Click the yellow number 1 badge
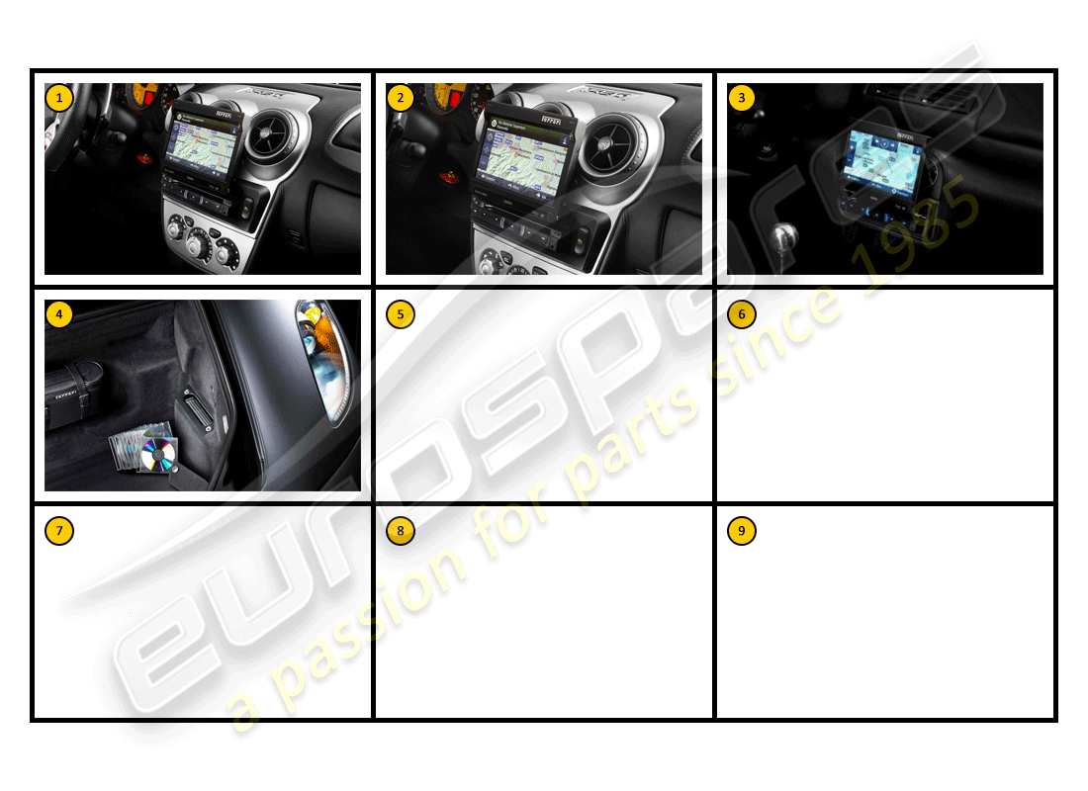click(59, 98)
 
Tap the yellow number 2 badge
click(401, 98)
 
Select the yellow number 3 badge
click(742, 98)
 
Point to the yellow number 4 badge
click(59, 314)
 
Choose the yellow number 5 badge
click(401, 314)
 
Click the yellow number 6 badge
click(742, 314)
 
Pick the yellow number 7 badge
click(59, 531)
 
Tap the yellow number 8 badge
click(401, 531)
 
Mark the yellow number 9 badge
click(742, 531)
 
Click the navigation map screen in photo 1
click(205, 148)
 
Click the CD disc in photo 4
click(158, 455)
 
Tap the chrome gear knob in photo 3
click(783, 238)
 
